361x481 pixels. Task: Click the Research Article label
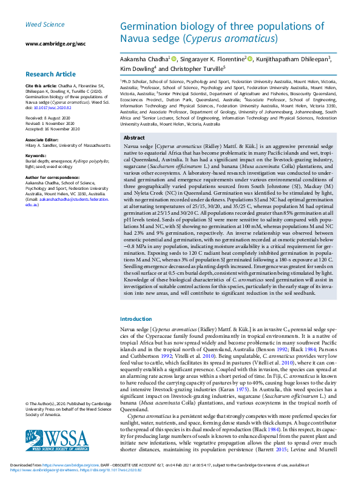pyautogui.click(x=50, y=74)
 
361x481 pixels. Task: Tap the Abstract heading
pyautogui.click(x=134, y=138)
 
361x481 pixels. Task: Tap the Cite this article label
pyautogui.click(x=40, y=86)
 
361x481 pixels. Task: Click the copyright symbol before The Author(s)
pyautogui.click(x=27, y=403)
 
